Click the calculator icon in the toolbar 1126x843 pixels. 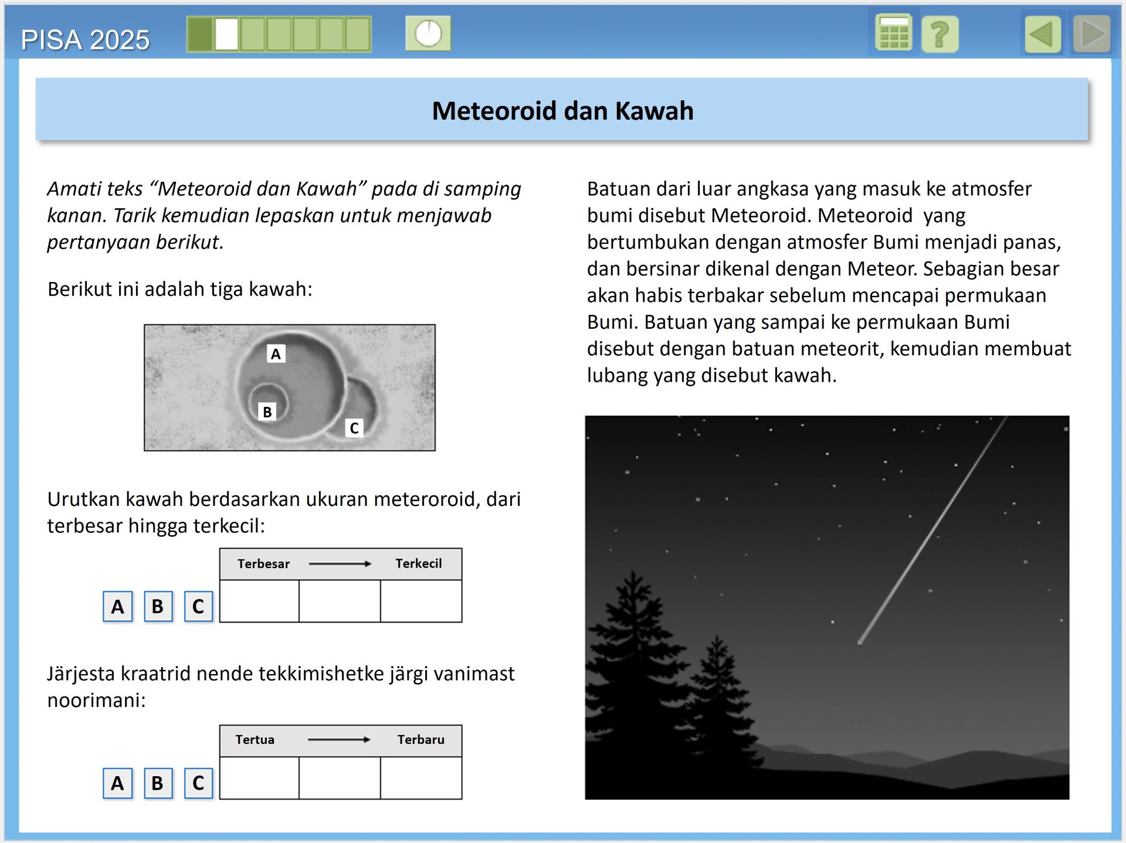pos(893,33)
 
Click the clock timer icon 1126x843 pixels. pos(428,33)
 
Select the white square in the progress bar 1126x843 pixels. pos(226,34)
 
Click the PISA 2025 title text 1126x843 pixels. pos(85,40)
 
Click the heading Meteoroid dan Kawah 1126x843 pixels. pos(562,111)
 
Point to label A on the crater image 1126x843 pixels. pos(276,353)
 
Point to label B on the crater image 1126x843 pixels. pos(267,412)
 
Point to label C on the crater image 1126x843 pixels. pos(354,428)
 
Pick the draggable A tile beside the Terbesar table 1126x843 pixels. pos(117,606)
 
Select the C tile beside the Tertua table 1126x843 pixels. pos(198,783)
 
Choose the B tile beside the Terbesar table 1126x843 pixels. pos(158,606)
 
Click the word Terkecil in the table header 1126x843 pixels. pos(418,563)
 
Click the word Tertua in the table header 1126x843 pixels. pos(255,739)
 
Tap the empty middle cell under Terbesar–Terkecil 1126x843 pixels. pos(340,601)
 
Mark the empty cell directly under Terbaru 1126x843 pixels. pos(421,778)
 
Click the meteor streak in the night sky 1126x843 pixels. pos(932,531)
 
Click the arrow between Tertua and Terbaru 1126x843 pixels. pos(339,739)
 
